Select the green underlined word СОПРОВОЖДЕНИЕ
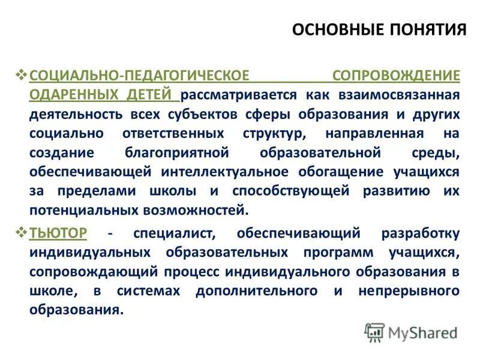click(397, 76)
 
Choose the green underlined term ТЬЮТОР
click(58, 232)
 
